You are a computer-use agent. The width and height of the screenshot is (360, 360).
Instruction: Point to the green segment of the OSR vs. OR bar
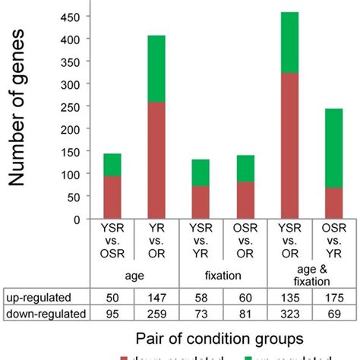pos(245,169)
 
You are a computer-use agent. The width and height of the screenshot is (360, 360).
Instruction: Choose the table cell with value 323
pos(290,311)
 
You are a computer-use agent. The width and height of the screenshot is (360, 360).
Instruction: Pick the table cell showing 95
pos(112,311)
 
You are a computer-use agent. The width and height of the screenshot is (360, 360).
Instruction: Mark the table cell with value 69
pos(334,311)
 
